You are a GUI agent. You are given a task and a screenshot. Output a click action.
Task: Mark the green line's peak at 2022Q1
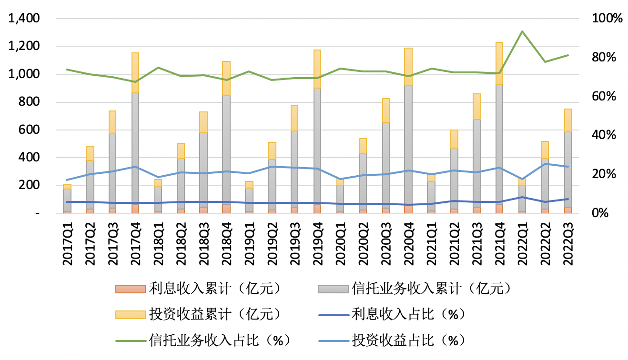522,31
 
